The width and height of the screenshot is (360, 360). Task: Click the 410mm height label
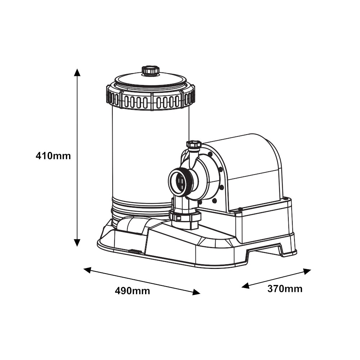pos(53,156)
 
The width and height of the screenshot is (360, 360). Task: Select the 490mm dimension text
pos(132,291)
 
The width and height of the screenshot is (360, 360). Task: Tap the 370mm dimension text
pos(285,289)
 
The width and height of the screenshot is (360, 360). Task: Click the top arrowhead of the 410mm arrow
pos(77,72)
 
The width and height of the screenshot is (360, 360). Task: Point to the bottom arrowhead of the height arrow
pos(77,243)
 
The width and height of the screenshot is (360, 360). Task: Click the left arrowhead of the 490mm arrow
pos(87,270)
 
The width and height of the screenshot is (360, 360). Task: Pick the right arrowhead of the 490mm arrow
pos(196,292)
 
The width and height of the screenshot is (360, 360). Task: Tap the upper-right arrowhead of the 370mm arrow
pos(307,271)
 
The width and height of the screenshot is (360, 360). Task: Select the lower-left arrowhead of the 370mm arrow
pos(246,285)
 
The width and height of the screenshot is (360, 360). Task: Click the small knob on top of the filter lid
pos(150,70)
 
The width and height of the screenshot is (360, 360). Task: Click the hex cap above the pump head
pos(194,144)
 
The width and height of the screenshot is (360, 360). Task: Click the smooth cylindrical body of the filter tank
pos(150,154)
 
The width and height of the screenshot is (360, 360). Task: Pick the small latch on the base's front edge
pos(135,251)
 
